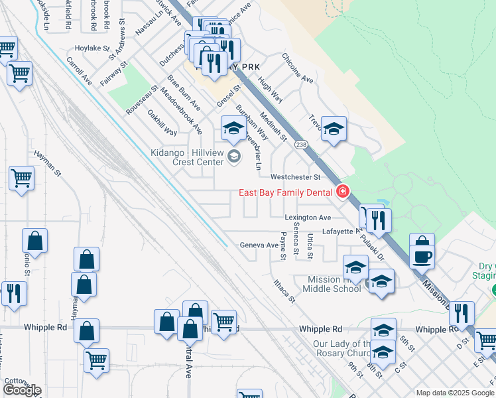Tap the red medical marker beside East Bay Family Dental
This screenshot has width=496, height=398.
pyautogui.click(x=343, y=192)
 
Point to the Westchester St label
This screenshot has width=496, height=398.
pyautogui.click(x=295, y=177)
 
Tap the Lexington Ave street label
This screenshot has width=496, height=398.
pyautogui.click(x=308, y=218)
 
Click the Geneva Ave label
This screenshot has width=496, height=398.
pyautogui.click(x=259, y=245)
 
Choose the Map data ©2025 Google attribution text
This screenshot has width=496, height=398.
pyautogui.click(x=454, y=393)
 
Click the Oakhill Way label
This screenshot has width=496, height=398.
pyautogui.click(x=162, y=122)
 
